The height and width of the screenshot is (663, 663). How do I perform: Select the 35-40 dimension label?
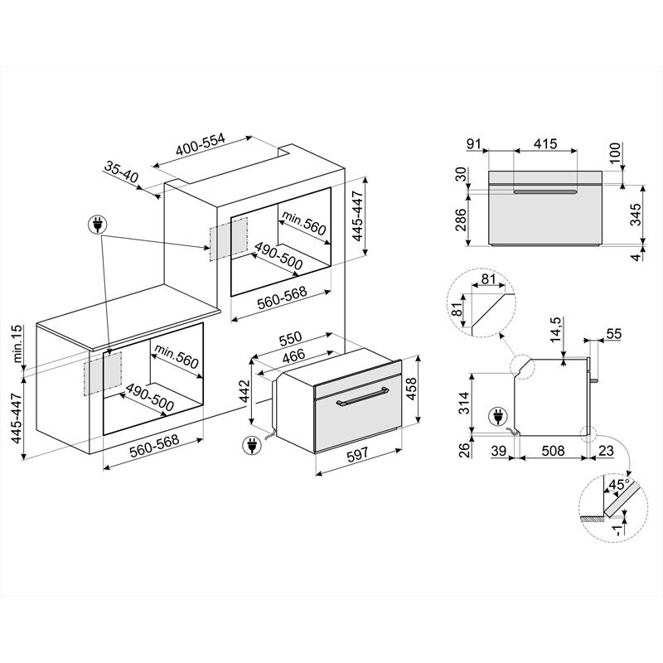(x=121, y=171)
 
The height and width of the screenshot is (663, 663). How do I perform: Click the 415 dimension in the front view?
(x=544, y=144)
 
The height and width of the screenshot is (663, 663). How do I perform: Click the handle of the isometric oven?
(x=362, y=401)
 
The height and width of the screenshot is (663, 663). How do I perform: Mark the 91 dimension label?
(x=473, y=144)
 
